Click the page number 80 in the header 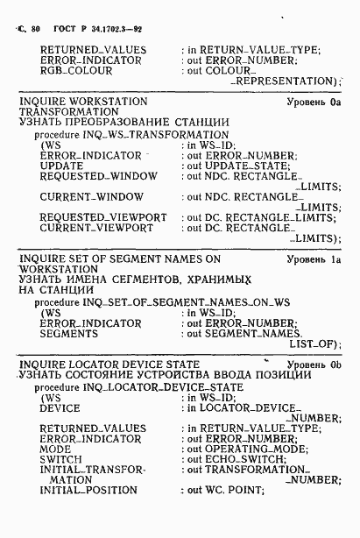click(36, 29)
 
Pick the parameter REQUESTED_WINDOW click(98, 175)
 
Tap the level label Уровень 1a click(312, 259)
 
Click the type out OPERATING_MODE click(242, 448)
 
